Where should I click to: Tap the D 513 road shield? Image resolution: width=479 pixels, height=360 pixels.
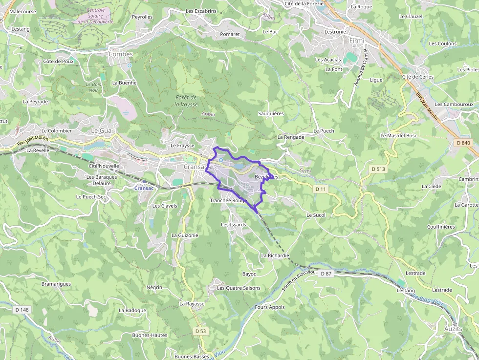click(x=378, y=169)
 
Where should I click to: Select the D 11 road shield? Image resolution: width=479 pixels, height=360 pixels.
click(x=320, y=189)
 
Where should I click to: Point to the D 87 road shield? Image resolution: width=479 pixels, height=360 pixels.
click(x=326, y=274)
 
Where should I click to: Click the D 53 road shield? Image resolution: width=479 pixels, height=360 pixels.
click(x=200, y=331)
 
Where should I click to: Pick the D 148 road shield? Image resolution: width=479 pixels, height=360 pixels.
click(x=22, y=310)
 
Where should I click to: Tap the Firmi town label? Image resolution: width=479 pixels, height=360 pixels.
click(x=357, y=41)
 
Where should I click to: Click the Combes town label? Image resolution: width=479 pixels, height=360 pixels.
click(x=120, y=54)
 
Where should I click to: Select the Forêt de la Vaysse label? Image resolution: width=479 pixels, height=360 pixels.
click(x=186, y=101)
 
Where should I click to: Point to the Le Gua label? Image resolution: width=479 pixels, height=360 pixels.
click(x=102, y=131)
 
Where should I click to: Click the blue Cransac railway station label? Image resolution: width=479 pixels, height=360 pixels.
click(x=144, y=188)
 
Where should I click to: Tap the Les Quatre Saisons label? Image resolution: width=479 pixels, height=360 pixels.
click(x=239, y=288)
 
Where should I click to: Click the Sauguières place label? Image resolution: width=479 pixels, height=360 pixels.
click(x=271, y=113)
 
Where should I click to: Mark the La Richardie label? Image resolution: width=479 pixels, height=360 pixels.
click(x=275, y=255)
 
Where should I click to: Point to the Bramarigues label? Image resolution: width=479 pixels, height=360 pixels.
click(x=56, y=284)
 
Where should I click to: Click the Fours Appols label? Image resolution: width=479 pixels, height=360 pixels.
click(x=270, y=307)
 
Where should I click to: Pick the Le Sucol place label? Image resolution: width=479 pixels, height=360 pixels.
click(x=316, y=215)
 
